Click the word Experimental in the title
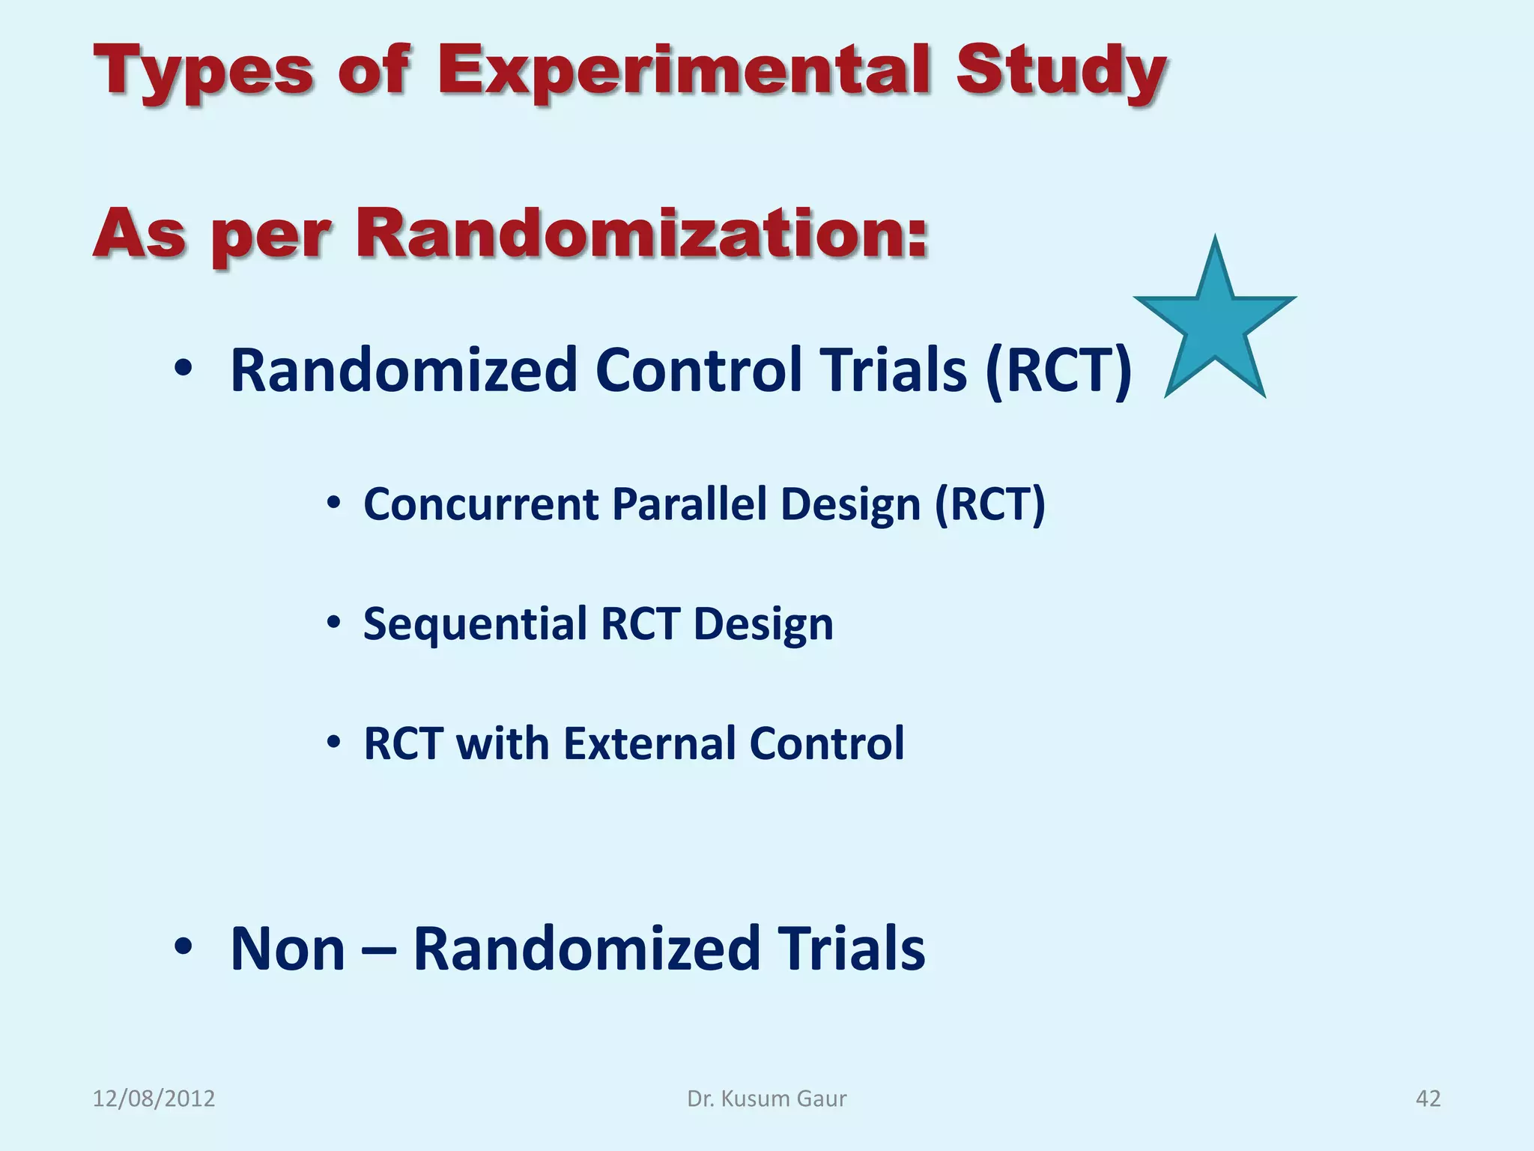click(x=685, y=70)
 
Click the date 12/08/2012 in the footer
click(x=154, y=1099)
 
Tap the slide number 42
click(x=1428, y=1099)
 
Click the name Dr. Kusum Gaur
click(x=766, y=1099)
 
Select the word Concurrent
click(x=481, y=504)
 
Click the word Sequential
click(x=475, y=624)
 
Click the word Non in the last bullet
click(x=288, y=949)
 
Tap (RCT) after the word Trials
click(x=1058, y=371)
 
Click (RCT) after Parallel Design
click(x=989, y=504)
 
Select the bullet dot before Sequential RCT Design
click(x=334, y=623)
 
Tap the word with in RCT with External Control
click(x=502, y=744)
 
